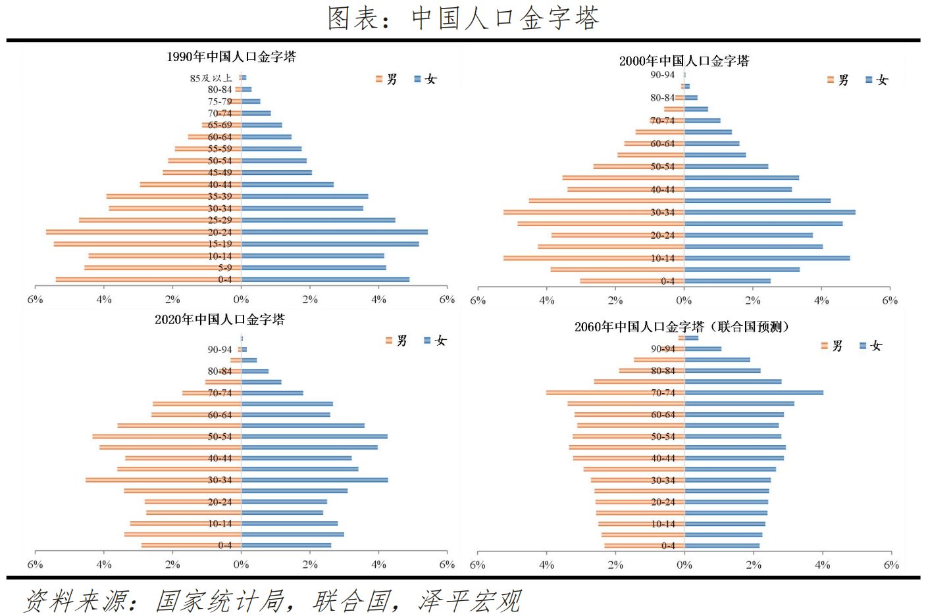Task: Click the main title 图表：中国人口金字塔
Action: click(463, 18)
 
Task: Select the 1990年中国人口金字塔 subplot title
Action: click(231, 57)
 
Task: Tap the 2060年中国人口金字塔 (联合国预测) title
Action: click(682, 327)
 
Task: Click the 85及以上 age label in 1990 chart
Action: click(211, 78)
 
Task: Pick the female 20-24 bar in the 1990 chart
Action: click(334, 232)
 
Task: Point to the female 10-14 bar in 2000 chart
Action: click(767, 258)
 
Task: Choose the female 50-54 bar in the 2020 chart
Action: click(315, 437)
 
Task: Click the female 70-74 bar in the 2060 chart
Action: click(754, 392)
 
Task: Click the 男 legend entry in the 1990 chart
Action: click(387, 80)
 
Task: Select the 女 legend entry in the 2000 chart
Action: click(877, 80)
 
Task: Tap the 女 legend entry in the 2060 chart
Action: click(871, 346)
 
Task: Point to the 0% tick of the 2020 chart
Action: click(241, 565)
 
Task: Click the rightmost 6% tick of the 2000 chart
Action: click(890, 300)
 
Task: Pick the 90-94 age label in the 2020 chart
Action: click(220, 350)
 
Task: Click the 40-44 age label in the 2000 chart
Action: click(662, 189)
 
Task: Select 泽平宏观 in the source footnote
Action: click(470, 601)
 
